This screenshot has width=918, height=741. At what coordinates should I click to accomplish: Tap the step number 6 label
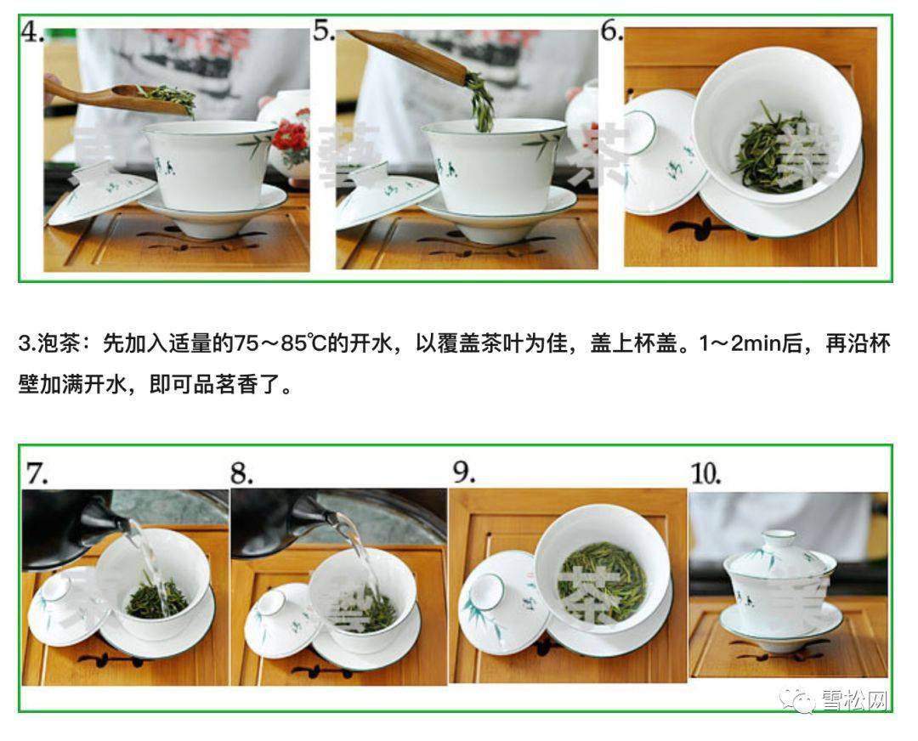tap(611, 31)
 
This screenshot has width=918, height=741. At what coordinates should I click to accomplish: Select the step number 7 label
tap(37, 473)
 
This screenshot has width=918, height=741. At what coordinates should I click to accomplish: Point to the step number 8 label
tap(243, 473)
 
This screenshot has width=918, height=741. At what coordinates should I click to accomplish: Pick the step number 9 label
tap(463, 472)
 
